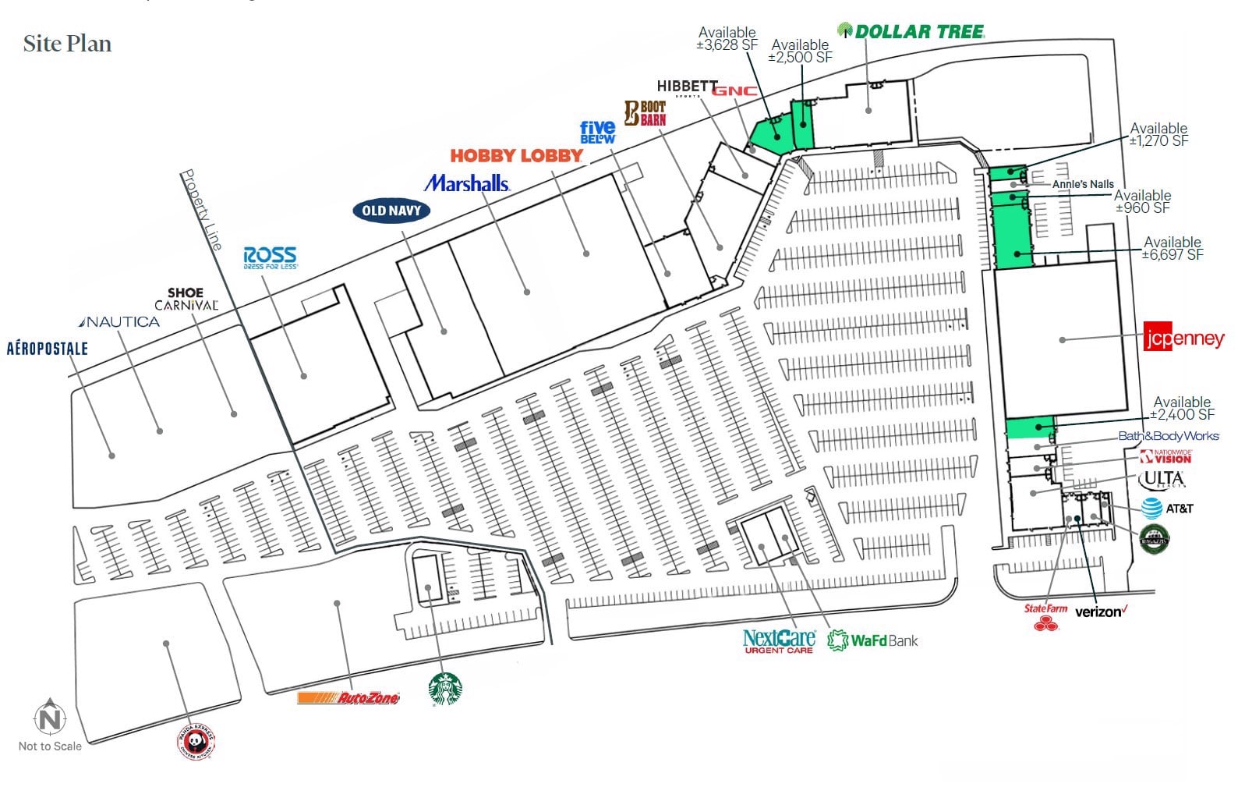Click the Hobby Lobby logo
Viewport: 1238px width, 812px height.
tap(516, 156)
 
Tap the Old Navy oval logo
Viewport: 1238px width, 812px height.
tap(391, 210)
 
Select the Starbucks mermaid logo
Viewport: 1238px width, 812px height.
tap(445, 690)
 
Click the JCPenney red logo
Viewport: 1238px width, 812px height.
tap(1183, 339)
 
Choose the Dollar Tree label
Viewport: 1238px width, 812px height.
tap(911, 32)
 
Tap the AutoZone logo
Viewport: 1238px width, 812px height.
tap(348, 697)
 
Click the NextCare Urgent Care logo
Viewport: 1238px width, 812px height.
tap(779, 641)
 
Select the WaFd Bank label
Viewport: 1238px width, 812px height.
tap(872, 640)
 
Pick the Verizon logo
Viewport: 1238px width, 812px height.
tap(1100, 612)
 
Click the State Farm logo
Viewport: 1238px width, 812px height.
tap(1045, 615)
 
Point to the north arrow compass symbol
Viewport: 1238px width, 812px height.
tap(50, 716)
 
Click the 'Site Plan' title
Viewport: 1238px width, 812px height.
tap(67, 44)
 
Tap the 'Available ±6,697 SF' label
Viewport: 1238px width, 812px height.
tap(1173, 248)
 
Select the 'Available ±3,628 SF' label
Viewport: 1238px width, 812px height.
tap(727, 38)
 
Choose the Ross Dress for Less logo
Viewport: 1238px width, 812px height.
tap(270, 257)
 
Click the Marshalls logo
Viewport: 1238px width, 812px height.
tap(467, 183)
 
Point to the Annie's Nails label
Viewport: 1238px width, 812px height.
tap(1083, 184)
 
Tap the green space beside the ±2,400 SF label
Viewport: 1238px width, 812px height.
tap(1029, 427)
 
